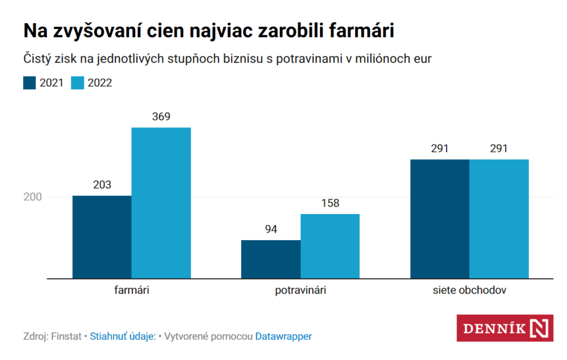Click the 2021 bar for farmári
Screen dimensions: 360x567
pyautogui.click(x=102, y=237)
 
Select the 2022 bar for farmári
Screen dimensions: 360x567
pyautogui.click(x=161, y=203)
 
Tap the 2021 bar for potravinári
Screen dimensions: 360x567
pyautogui.click(x=271, y=259)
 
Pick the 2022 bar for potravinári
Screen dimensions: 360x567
pyautogui.click(x=330, y=246)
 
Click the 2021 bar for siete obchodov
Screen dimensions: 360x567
pyautogui.click(x=440, y=219)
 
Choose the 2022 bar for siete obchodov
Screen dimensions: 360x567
pyautogui.click(x=499, y=219)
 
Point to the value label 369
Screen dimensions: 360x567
pyautogui.click(x=161, y=116)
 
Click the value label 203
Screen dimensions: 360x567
pyautogui.click(x=102, y=185)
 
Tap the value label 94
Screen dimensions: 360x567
pyautogui.click(x=271, y=229)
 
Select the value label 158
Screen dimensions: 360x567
pyautogui.click(x=330, y=203)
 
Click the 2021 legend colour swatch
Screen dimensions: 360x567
pyautogui.click(x=30, y=83)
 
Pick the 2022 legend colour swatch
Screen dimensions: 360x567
pyautogui.click(x=78, y=83)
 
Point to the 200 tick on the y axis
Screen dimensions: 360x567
pyautogui.click(x=32, y=197)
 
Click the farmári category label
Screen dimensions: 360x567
pyautogui.click(x=131, y=291)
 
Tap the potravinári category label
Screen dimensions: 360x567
pyautogui.click(x=300, y=291)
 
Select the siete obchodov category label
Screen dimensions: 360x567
pyautogui.click(x=469, y=291)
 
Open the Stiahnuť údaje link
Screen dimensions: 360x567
pyautogui.click(x=123, y=336)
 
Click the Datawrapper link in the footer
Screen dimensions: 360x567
pyautogui.click(x=283, y=336)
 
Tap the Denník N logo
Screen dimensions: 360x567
pyautogui.click(x=505, y=328)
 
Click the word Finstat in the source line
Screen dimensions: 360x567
pyautogui.click(x=67, y=336)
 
